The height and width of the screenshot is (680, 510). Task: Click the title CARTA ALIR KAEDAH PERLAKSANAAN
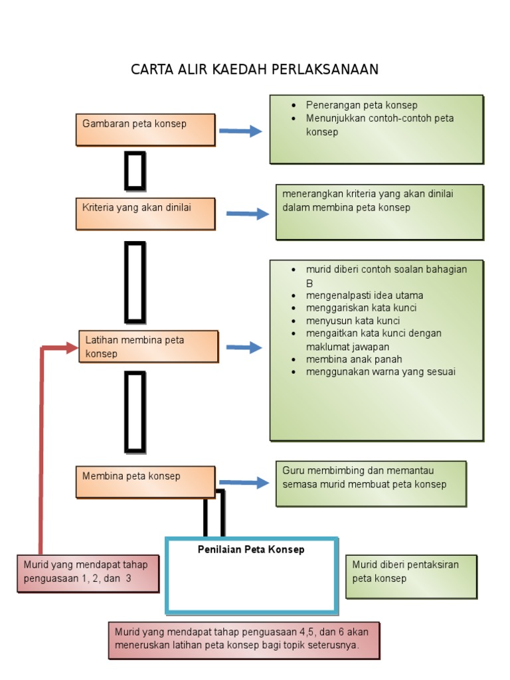(x=254, y=70)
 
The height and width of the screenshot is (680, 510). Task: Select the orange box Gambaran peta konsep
(x=145, y=129)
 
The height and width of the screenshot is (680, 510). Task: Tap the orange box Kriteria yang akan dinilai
(x=145, y=213)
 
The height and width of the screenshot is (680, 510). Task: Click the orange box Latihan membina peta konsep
(x=148, y=347)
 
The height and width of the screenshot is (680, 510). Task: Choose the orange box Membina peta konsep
(x=145, y=481)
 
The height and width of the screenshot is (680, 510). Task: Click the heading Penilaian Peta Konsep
(x=251, y=550)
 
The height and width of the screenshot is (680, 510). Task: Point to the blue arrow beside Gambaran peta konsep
(x=240, y=131)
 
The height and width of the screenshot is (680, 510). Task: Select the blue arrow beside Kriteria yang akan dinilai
(x=248, y=214)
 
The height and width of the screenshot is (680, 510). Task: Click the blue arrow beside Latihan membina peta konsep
(x=244, y=347)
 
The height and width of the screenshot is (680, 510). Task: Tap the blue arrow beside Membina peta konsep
(x=244, y=483)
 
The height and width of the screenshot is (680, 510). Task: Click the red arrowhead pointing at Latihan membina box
(x=72, y=347)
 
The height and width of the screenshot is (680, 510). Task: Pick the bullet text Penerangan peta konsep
(x=361, y=105)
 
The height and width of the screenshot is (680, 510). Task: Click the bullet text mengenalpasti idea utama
(x=364, y=296)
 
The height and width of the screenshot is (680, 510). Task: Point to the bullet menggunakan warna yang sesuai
(x=381, y=372)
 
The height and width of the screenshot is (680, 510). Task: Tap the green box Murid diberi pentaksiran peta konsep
(x=411, y=576)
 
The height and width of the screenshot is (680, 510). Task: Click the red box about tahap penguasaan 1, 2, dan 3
(x=88, y=573)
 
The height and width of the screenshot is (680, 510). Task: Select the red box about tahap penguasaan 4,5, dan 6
(x=244, y=639)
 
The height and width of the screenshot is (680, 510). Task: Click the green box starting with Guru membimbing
(x=371, y=483)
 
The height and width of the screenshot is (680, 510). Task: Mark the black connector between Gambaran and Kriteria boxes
(x=135, y=171)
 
